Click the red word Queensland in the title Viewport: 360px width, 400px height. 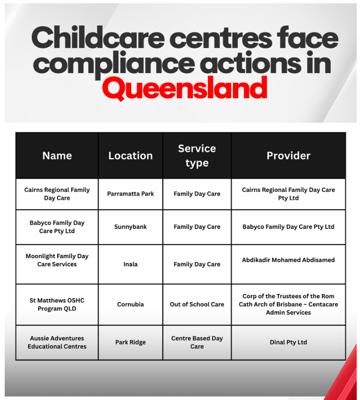185,88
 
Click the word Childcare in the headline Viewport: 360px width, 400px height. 98,38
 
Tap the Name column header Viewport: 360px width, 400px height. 57,155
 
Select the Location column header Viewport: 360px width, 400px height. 130,155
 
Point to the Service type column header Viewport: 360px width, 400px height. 197,155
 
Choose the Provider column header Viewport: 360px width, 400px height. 288,155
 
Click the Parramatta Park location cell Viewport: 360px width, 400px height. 130,194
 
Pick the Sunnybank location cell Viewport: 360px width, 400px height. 130,227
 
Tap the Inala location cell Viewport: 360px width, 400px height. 130,264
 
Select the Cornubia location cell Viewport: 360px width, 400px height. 130,304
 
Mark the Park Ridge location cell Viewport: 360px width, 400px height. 130,343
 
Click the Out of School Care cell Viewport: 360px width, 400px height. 197,304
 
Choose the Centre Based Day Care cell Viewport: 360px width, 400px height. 197,343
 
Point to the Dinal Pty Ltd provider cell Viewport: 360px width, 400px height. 288,343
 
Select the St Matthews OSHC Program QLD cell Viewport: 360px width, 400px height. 57,304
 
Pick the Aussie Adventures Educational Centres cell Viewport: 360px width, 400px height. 57,343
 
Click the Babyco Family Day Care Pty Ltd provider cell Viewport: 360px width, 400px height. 288,227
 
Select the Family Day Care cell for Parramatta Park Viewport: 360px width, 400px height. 197,194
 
